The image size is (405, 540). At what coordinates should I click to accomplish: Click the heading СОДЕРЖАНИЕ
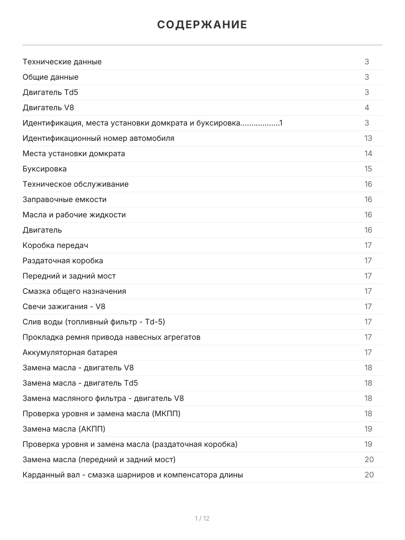coord(202,25)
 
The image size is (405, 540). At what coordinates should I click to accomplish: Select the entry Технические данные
coord(62,62)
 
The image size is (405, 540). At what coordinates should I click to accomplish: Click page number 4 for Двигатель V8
coord(367,108)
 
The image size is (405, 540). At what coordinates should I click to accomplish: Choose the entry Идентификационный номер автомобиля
coord(98,138)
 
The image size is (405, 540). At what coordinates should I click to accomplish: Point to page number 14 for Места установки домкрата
coord(368,153)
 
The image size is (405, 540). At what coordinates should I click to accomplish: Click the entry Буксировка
coord(45,169)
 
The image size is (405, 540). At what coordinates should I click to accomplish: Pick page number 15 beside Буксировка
coord(368,169)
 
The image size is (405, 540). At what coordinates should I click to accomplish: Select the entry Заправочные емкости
coord(64,199)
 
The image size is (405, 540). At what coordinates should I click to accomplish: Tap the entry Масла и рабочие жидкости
coord(74,215)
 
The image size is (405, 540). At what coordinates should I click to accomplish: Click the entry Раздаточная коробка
coord(63,261)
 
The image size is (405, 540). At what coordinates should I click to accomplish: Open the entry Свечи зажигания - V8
coord(64,306)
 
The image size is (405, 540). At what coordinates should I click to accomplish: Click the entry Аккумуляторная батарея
coord(70,352)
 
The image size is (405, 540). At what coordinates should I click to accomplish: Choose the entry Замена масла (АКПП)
coord(64,429)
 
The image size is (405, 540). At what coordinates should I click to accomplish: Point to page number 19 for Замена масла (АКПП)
coord(368,429)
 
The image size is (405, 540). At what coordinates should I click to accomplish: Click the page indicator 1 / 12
coord(202,518)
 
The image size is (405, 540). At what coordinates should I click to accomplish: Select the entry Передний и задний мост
coord(69,276)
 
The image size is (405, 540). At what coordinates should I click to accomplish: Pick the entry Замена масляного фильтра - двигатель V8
coord(103,398)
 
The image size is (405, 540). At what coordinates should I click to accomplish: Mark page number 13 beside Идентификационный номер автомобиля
coord(368,138)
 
